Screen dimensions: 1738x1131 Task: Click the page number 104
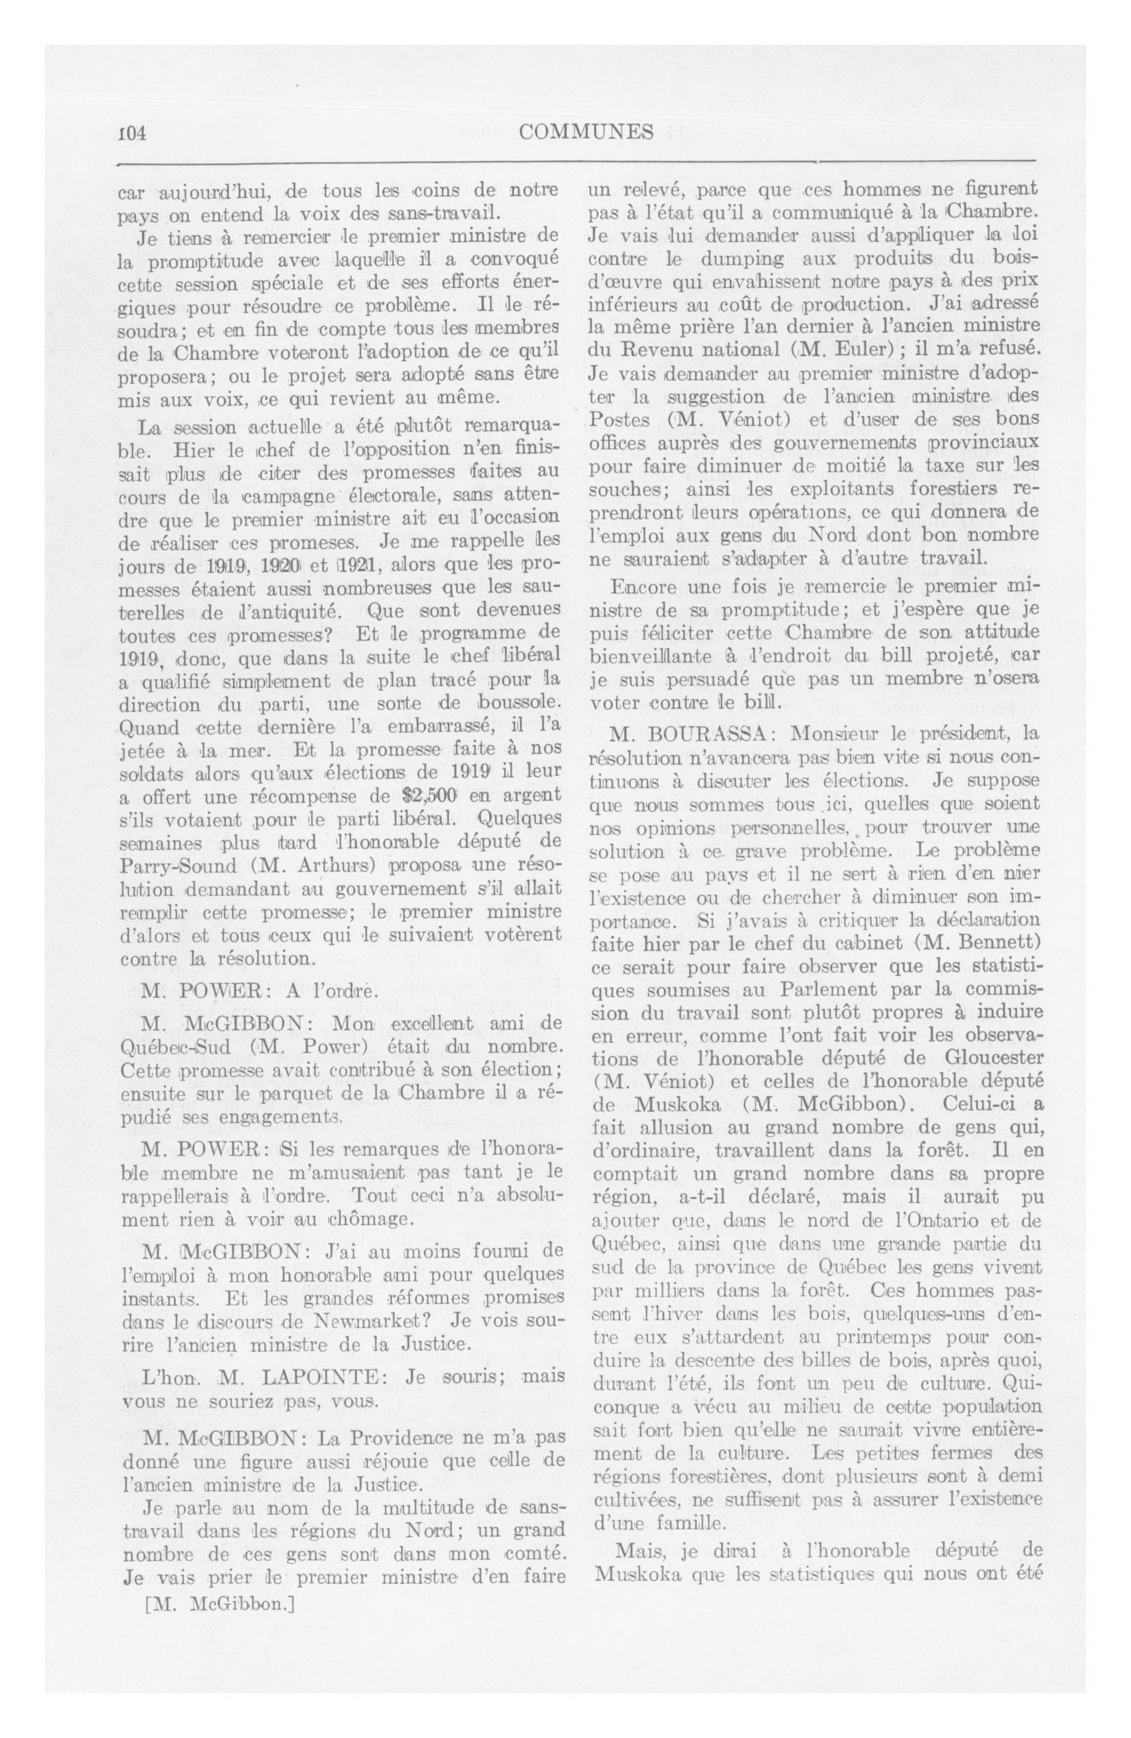(x=132, y=133)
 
